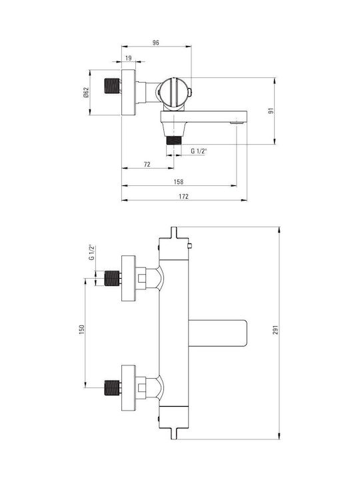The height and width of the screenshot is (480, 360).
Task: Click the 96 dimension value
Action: pyautogui.click(x=156, y=43)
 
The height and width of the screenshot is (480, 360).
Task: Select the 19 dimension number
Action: pyautogui.click(x=128, y=58)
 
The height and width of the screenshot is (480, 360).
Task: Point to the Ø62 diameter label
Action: pyautogui.click(x=86, y=93)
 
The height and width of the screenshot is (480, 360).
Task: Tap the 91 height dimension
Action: pyautogui.click(x=271, y=111)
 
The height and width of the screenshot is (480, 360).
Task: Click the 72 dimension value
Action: pyautogui.click(x=147, y=165)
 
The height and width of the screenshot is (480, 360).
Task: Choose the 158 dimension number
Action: pyautogui.click(x=179, y=182)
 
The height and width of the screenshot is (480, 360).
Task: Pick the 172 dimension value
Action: pyautogui.click(x=184, y=197)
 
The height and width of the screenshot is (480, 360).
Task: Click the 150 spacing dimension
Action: pyautogui.click(x=82, y=329)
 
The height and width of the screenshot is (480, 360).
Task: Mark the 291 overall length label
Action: pyautogui.click(x=276, y=330)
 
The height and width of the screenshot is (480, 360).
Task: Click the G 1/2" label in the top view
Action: pyautogui.click(x=199, y=151)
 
